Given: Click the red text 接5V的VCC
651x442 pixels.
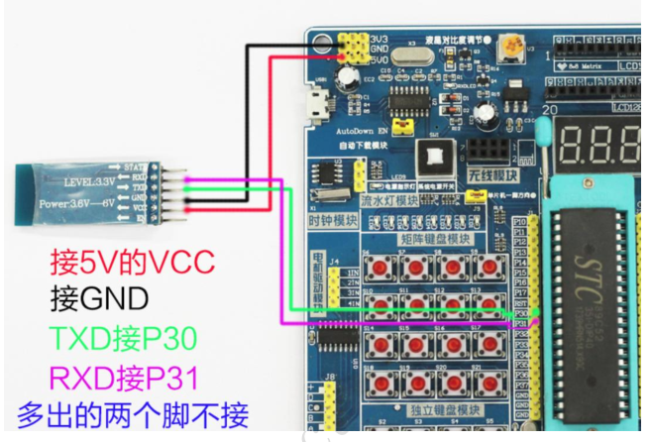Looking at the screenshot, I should [132, 262].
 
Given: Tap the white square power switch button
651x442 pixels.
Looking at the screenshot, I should [435, 157].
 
